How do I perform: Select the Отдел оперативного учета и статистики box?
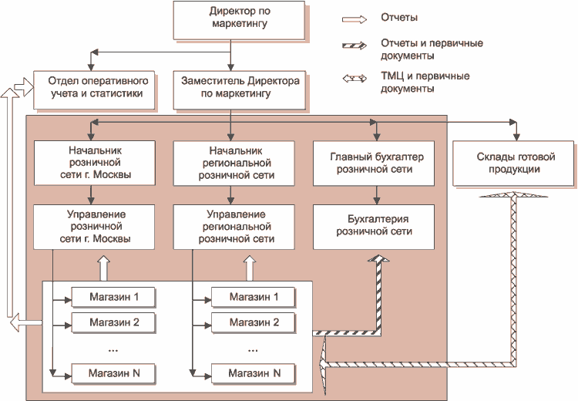click(x=95, y=89)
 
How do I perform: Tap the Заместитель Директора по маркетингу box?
click(x=230, y=89)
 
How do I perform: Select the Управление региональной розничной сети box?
click(x=236, y=226)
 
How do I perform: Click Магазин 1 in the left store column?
click(x=114, y=297)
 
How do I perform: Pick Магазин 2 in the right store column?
click(x=254, y=322)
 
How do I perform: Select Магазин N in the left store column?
click(x=114, y=373)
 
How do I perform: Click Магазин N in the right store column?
click(x=254, y=373)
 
